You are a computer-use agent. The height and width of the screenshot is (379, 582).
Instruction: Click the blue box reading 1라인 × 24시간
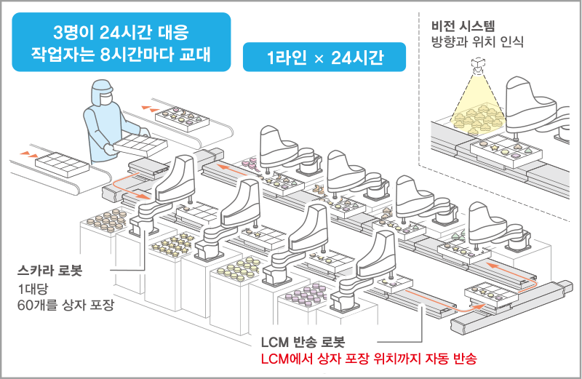click(324, 57)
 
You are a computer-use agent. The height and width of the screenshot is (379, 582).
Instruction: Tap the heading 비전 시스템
click(463, 26)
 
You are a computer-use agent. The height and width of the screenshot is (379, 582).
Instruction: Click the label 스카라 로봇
click(49, 270)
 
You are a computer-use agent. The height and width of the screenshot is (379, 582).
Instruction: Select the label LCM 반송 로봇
click(303, 341)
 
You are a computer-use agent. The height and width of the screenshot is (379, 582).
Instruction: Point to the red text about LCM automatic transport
click(369, 359)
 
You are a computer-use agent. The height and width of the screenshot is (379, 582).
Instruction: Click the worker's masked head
click(102, 92)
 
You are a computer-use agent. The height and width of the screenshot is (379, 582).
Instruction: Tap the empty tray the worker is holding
click(140, 145)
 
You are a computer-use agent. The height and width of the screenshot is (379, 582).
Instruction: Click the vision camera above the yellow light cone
click(478, 64)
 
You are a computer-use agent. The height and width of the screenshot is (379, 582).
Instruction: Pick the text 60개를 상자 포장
click(65, 305)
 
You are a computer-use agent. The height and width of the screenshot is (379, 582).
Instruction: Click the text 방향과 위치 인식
click(477, 41)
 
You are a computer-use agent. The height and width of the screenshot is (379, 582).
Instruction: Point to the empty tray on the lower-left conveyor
click(62, 164)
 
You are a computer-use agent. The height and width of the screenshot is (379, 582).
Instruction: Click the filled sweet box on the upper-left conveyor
click(182, 119)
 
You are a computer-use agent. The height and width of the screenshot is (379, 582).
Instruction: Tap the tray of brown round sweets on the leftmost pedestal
click(106, 220)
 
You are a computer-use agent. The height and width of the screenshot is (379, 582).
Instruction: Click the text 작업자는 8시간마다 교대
click(121, 55)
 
